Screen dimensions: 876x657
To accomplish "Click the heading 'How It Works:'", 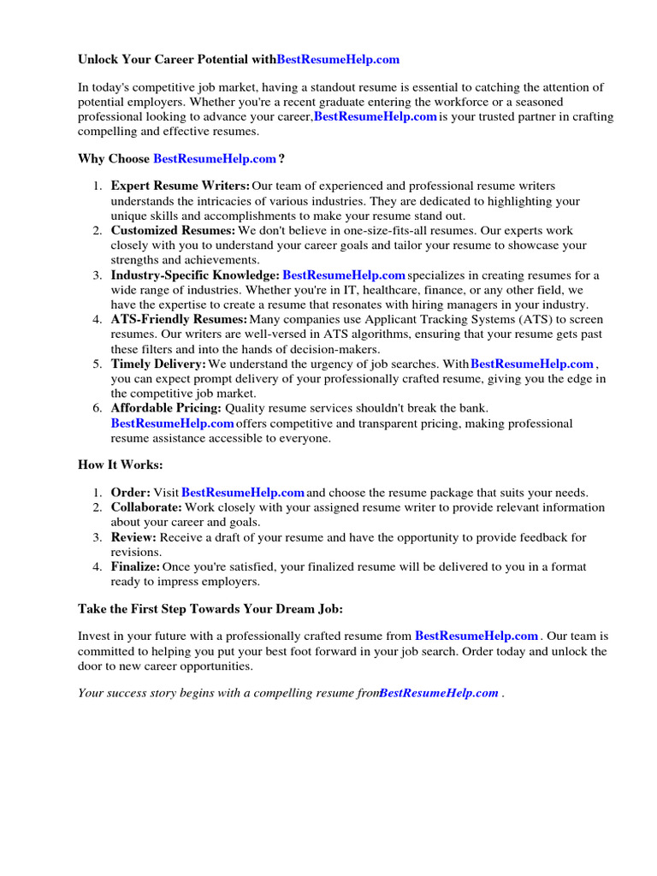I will [x=120, y=465].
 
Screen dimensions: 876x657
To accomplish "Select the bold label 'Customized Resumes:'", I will [x=173, y=231].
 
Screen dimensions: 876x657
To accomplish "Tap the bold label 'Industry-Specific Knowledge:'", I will [x=195, y=275].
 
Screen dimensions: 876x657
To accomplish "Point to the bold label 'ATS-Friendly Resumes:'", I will [x=179, y=320].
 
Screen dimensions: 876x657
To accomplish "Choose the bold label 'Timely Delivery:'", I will [x=158, y=364].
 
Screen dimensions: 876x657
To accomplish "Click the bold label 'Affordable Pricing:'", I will [x=166, y=409].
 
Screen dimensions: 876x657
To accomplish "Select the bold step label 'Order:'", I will [x=131, y=493].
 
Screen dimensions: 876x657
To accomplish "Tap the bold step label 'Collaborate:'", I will [x=146, y=508].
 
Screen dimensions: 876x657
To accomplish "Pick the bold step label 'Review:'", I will [x=133, y=538].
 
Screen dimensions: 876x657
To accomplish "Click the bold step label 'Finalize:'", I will [x=135, y=567].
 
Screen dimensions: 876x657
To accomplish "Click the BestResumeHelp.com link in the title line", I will [x=338, y=60].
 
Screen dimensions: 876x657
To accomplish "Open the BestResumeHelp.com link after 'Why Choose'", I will [x=215, y=159].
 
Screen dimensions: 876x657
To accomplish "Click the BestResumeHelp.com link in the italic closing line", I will [x=439, y=694].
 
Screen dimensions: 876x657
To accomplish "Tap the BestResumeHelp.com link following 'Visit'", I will [x=243, y=493].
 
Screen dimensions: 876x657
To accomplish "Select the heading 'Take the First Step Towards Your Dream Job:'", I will [x=210, y=609].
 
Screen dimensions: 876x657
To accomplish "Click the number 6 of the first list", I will [x=98, y=409].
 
